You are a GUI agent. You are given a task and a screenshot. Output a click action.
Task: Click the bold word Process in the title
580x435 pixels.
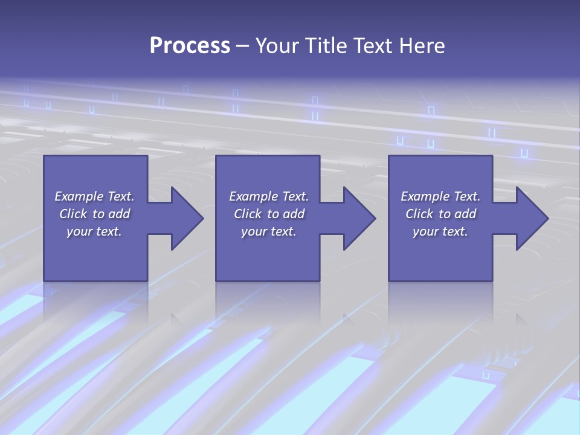tap(190, 46)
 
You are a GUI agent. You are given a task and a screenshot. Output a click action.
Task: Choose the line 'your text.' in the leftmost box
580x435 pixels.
tap(94, 231)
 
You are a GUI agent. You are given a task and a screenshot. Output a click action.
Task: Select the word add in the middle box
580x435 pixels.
tap(294, 214)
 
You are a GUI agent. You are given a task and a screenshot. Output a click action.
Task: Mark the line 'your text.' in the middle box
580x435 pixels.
tap(269, 231)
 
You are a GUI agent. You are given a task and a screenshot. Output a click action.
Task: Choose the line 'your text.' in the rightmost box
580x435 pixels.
tap(440, 231)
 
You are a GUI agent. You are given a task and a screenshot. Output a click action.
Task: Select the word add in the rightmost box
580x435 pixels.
tap(465, 214)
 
